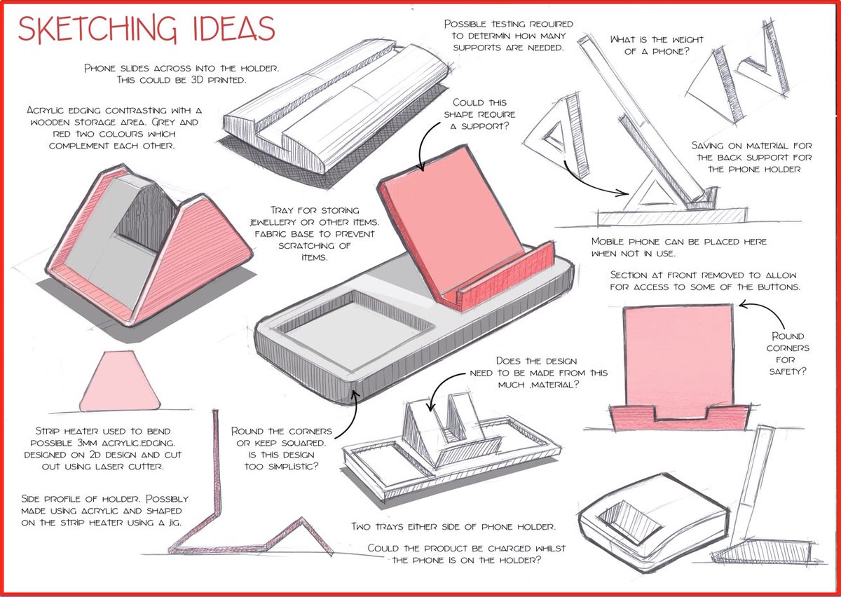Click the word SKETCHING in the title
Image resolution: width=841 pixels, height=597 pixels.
(x=97, y=29)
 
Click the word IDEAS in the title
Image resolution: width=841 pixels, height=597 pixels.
(x=233, y=28)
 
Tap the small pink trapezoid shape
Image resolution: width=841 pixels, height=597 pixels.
(x=120, y=381)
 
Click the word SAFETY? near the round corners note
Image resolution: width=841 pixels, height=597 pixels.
(x=787, y=371)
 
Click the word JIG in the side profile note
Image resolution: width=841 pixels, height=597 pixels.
(x=175, y=523)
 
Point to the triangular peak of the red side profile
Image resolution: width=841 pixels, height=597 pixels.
(x=301, y=520)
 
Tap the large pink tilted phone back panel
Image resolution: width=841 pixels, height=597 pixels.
(x=453, y=221)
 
